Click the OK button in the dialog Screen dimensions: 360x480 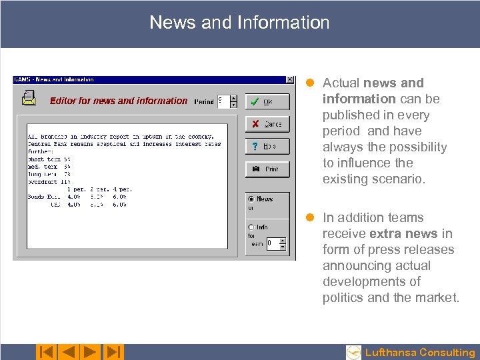click(x=267, y=101)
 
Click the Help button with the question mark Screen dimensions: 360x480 click(x=267, y=146)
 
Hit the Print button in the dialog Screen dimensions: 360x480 click(x=267, y=169)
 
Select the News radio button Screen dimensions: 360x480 click(x=251, y=199)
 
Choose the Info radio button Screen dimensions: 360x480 click(x=251, y=227)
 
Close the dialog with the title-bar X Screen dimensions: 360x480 click(x=289, y=79)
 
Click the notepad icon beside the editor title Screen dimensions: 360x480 click(x=29, y=99)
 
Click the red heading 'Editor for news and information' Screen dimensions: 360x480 click(x=119, y=101)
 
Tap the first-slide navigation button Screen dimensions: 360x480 click(x=46, y=352)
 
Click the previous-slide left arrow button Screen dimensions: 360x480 click(x=67, y=352)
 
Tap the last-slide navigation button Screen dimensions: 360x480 click(x=113, y=352)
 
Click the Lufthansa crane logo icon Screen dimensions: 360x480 click(x=353, y=353)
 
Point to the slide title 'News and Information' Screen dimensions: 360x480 click(x=239, y=23)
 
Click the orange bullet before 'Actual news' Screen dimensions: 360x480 click(x=309, y=83)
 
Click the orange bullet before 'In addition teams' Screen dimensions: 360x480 click(x=309, y=217)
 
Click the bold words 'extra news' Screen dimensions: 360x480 click(x=403, y=233)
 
